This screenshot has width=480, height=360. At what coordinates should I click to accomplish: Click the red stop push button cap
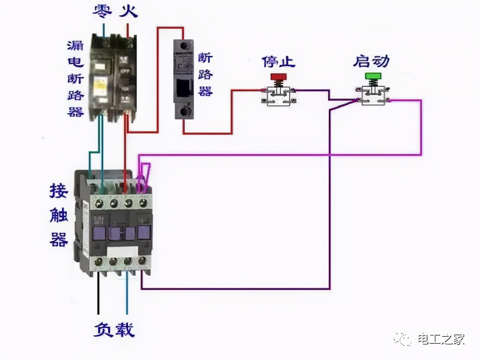point(278,76)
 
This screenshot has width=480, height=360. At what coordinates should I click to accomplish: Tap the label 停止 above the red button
point(278,61)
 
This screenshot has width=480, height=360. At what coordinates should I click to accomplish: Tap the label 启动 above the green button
point(371,61)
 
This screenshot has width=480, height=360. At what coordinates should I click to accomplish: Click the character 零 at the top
point(102,11)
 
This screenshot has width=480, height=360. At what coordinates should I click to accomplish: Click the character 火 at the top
point(129,11)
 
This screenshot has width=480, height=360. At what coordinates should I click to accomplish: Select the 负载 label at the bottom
point(114,330)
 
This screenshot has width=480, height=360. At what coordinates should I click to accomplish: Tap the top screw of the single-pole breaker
point(183,46)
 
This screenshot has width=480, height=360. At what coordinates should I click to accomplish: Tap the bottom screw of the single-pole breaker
point(184,111)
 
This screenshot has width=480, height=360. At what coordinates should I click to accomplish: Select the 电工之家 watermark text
point(441,339)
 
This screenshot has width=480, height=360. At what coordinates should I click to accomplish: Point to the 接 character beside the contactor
point(59,191)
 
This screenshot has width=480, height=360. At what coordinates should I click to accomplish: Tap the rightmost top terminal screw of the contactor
point(142,203)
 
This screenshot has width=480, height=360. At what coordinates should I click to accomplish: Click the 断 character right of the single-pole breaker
point(205,58)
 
